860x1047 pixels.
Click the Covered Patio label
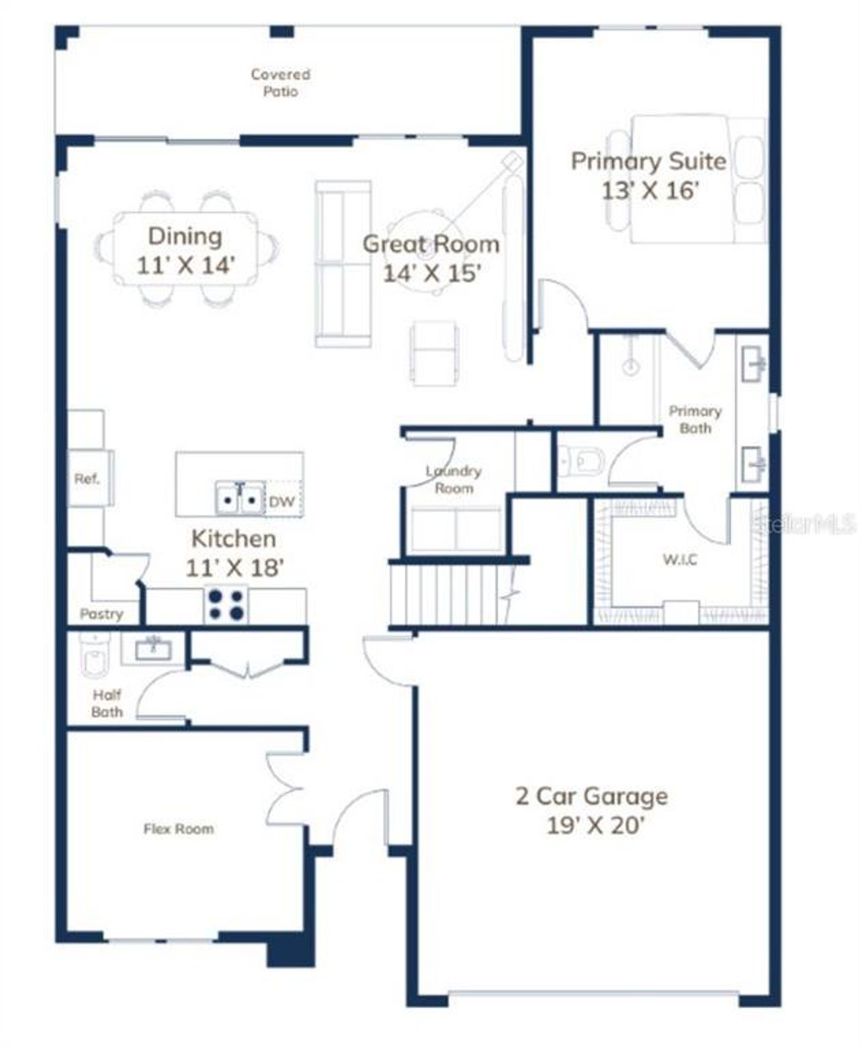click(x=280, y=83)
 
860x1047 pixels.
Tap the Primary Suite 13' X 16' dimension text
click(x=649, y=190)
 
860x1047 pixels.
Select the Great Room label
click(x=431, y=243)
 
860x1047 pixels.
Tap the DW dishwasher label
click(x=282, y=501)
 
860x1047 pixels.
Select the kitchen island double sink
click(x=239, y=499)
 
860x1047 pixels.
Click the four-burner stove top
click(x=226, y=604)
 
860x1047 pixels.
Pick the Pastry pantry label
click(x=101, y=614)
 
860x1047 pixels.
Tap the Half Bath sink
click(x=153, y=649)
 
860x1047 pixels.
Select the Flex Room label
click(x=179, y=829)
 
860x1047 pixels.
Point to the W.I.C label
click(x=680, y=559)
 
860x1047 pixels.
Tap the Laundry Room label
click(x=454, y=479)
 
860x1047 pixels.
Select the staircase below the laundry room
click(x=447, y=594)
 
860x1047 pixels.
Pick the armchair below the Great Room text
click(x=435, y=353)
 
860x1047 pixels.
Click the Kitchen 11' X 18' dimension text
click(x=234, y=568)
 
